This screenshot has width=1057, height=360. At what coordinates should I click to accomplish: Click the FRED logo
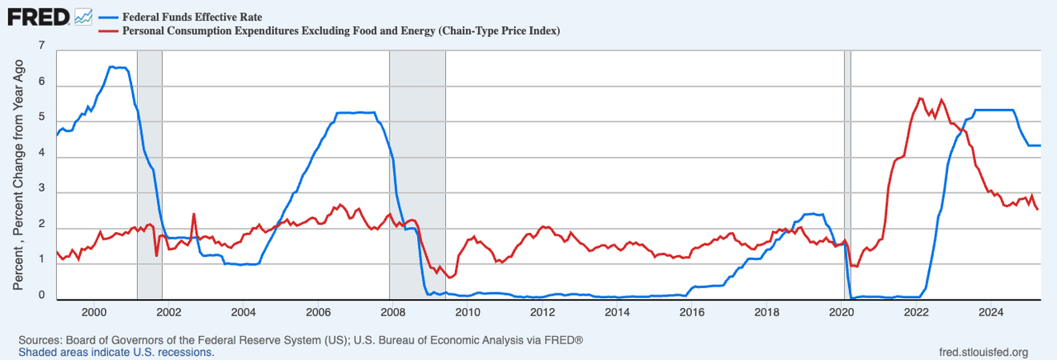coord(37,17)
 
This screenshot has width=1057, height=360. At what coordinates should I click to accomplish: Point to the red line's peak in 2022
coord(920,98)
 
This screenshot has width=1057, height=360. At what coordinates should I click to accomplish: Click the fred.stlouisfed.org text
coord(979,353)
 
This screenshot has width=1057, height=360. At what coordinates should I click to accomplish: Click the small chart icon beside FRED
coord(83,17)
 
